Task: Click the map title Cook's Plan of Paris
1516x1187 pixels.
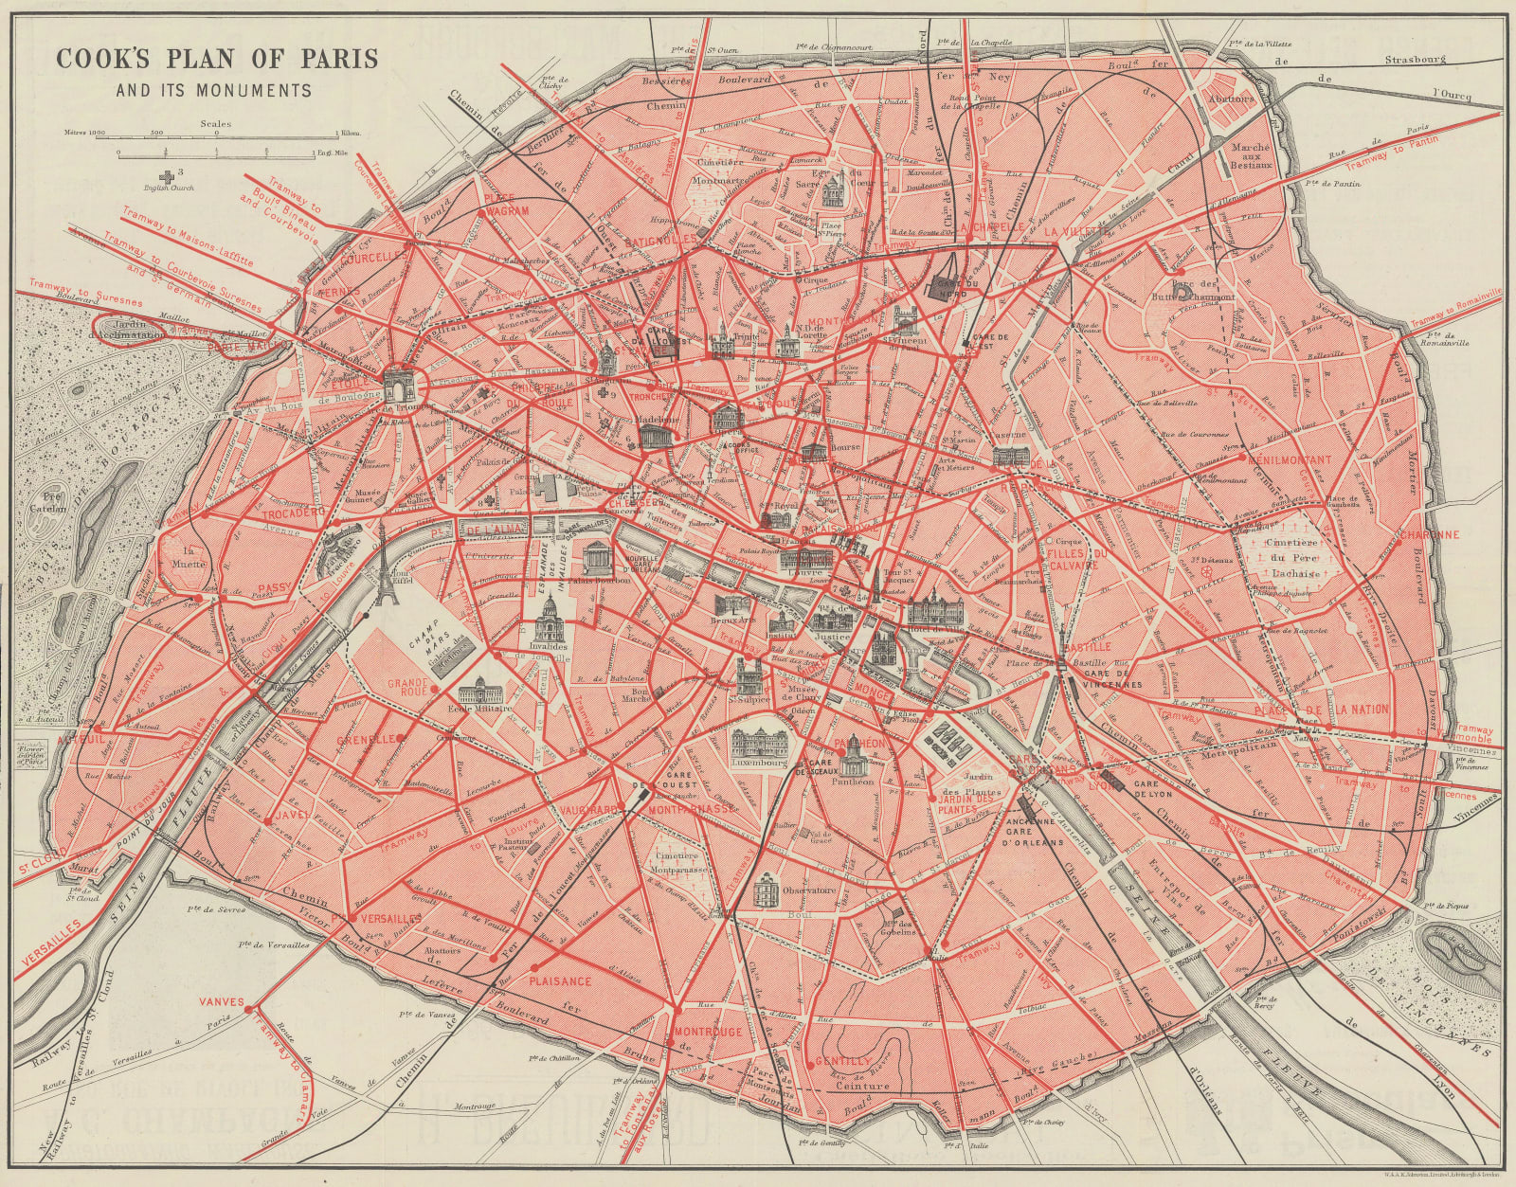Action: click(x=217, y=59)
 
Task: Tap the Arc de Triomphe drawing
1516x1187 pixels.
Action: click(x=399, y=387)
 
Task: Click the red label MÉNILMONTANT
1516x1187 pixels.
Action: click(x=1290, y=459)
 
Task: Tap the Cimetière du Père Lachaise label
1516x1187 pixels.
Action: click(x=1295, y=559)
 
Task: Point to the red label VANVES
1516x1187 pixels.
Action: click(x=221, y=1000)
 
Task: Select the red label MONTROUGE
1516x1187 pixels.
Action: click(x=708, y=1032)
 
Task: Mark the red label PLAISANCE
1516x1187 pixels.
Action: click(x=561, y=981)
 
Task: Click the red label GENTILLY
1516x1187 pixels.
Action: click(x=841, y=1061)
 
